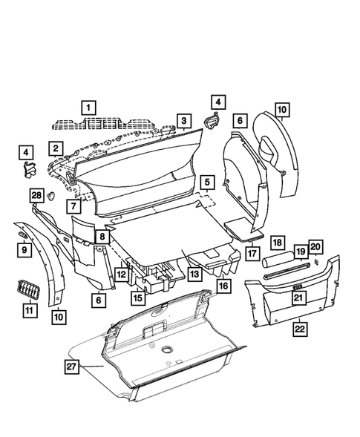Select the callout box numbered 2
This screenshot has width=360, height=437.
click(56, 148)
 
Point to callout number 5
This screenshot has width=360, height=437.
click(206, 181)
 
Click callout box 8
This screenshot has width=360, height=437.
click(102, 237)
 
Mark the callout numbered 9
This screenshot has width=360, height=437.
click(23, 250)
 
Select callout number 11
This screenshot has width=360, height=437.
click(29, 309)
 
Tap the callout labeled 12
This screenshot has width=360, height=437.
click(120, 274)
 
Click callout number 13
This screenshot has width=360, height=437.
click(194, 274)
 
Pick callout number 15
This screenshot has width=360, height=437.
click(137, 298)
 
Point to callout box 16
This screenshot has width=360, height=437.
click(222, 285)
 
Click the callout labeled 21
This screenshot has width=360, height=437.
click(298, 298)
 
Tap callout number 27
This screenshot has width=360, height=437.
click(72, 367)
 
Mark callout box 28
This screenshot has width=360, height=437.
click(36, 195)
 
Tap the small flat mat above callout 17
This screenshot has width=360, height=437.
click(243, 228)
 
